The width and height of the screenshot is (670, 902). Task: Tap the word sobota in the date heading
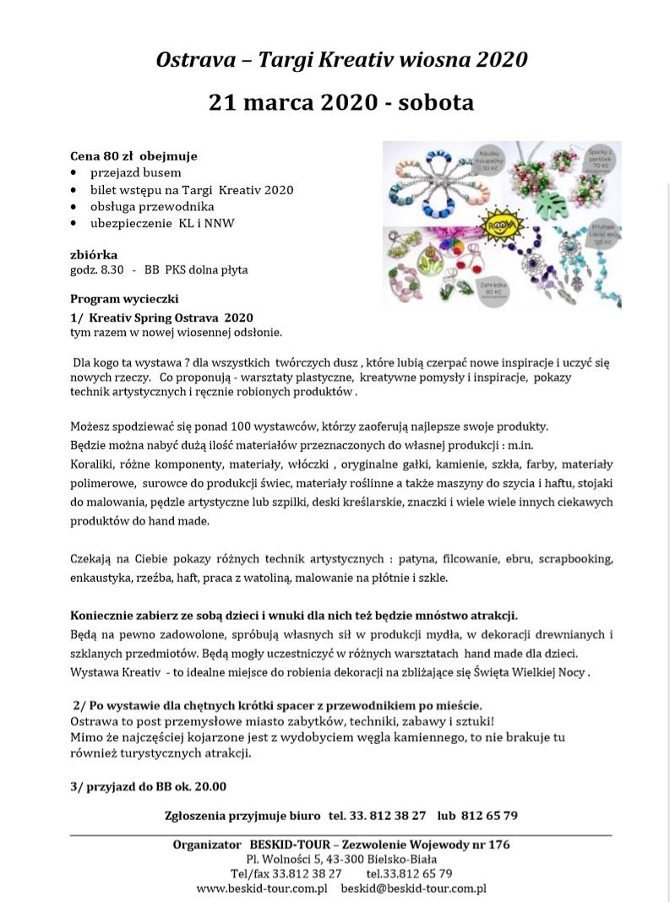pos(434,103)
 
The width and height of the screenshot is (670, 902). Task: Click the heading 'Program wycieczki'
pos(124,299)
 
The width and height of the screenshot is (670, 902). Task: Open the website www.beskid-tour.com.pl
pos(262,888)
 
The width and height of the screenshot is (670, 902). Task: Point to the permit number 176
pos(498,845)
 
